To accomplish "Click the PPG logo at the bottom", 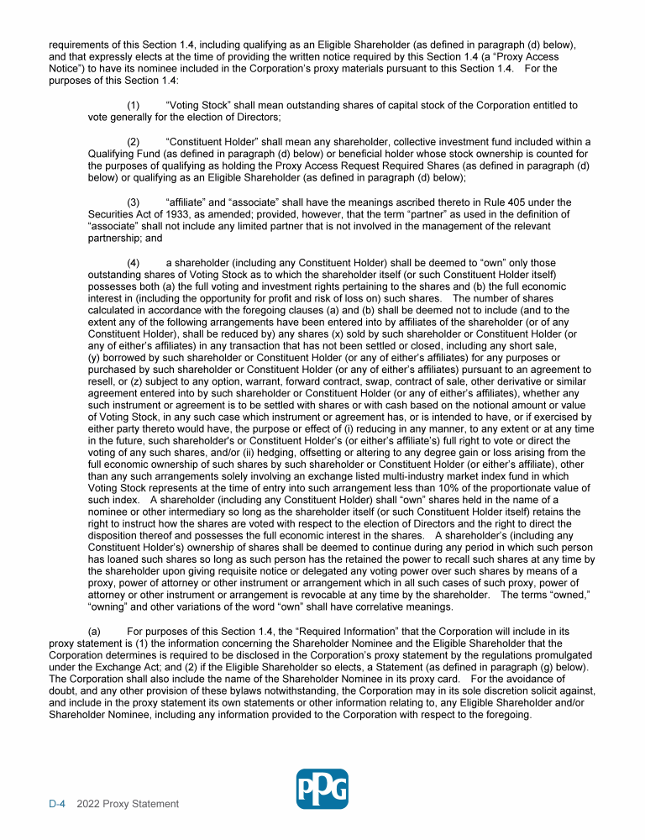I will coord(322,790).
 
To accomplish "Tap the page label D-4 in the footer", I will coord(57,804).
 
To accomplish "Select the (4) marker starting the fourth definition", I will coord(134,263).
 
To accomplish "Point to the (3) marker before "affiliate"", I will coord(134,202).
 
